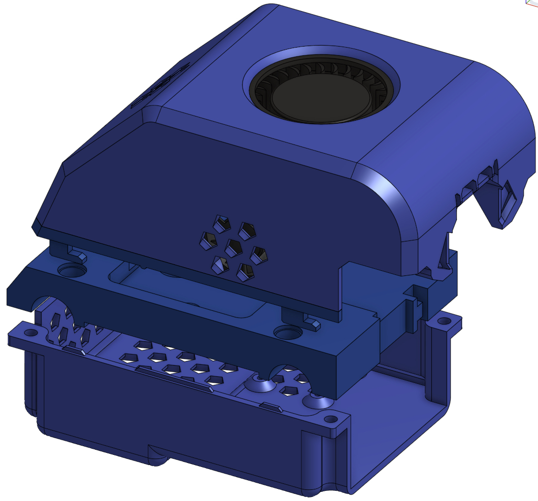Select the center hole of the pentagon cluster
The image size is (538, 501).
point(234,247)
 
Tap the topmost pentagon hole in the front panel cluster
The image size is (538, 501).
point(247,230)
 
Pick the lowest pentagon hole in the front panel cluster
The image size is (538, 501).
point(245,272)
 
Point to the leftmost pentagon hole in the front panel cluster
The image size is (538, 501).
point(208,240)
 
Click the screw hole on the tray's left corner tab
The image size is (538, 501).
point(31,333)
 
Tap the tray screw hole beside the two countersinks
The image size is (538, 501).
point(331,419)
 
